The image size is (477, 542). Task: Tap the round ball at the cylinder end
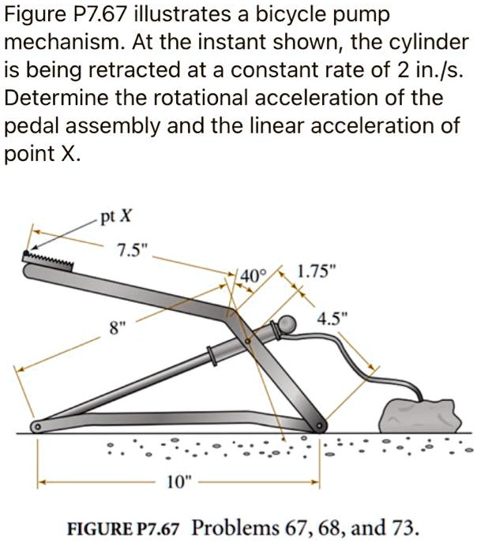coord(284,325)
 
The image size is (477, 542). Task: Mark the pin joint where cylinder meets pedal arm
coord(248,341)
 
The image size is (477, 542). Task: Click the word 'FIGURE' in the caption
coord(101,527)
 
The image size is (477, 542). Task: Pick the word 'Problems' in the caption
coord(235,527)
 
